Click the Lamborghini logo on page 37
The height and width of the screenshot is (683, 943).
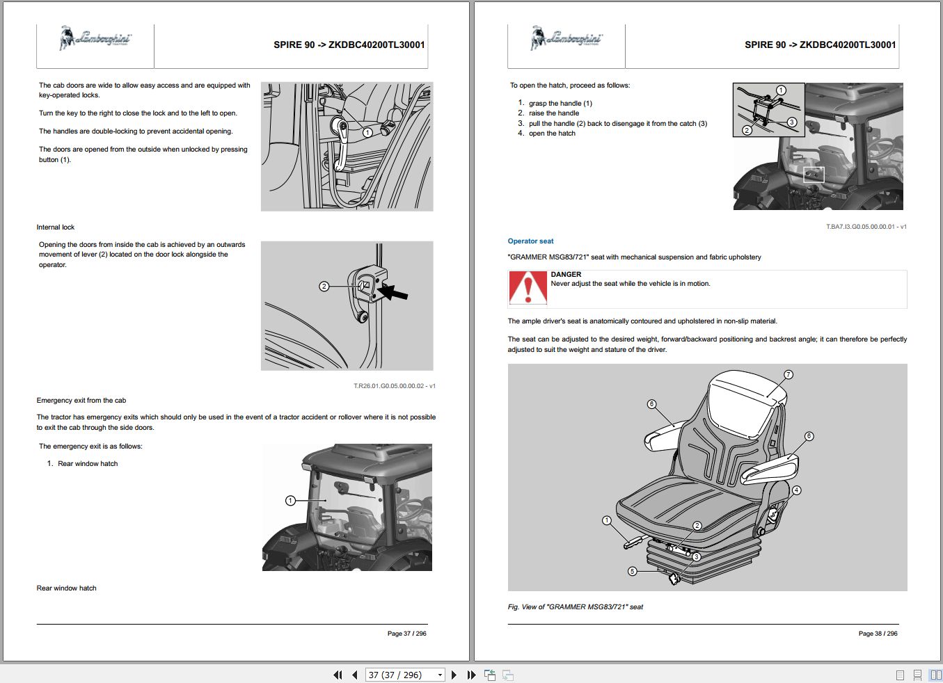95,38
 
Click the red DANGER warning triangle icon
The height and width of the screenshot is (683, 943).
528,287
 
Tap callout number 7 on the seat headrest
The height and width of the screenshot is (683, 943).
789,374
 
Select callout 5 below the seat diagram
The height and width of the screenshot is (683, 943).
632,571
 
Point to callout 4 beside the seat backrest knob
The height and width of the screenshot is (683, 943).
796,490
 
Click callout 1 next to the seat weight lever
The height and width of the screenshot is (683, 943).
606,520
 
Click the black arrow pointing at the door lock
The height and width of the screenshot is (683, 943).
393,291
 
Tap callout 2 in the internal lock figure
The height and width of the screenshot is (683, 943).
324,286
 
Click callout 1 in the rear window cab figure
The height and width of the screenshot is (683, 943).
290,500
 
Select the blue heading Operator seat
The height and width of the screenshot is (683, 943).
530,241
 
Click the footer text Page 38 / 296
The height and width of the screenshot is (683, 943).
878,634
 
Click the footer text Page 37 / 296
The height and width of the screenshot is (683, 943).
406,634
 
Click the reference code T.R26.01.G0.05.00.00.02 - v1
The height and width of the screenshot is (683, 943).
394,386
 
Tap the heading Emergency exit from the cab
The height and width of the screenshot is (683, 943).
81,401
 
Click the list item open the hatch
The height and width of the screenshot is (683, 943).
552,134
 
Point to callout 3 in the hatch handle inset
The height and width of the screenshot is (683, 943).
792,122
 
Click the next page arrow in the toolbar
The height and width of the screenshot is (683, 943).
454,675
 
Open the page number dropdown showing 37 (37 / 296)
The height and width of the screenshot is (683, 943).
440,675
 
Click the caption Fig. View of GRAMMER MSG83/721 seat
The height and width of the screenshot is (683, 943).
575,607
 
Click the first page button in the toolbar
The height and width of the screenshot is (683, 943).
338,675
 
